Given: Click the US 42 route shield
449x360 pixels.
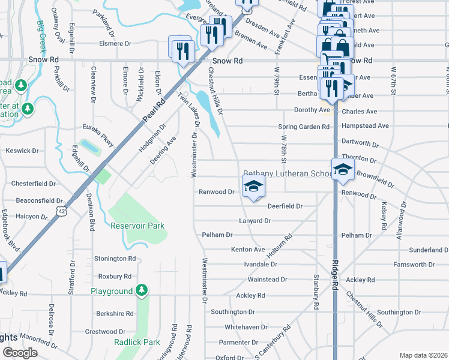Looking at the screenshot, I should tap(62, 211).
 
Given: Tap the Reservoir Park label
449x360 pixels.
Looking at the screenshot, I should tap(137, 226).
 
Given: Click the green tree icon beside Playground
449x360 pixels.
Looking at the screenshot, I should tap(142, 291).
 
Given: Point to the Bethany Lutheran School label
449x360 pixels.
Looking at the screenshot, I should tap(288, 173).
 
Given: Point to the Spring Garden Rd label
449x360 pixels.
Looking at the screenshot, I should tap(304, 127).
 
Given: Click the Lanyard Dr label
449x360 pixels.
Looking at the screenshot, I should tap(255, 221).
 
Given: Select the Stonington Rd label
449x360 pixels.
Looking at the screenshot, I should tap(115, 259).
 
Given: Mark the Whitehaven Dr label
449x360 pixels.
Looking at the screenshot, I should tap(246, 327).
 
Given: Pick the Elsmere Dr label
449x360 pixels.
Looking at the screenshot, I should tap(115, 44).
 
